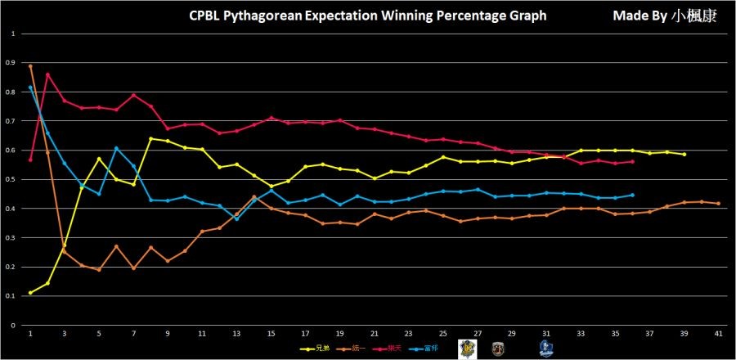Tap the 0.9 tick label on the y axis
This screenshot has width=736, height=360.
(x=11, y=62)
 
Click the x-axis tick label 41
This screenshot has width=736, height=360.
(x=718, y=334)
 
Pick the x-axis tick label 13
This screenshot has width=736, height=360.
(x=236, y=334)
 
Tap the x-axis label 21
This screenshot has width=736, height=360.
(x=374, y=334)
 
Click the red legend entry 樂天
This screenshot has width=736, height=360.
(x=396, y=349)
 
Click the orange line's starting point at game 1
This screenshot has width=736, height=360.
(x=30, y=65)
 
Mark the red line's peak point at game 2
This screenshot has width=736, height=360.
(x=47, y=74)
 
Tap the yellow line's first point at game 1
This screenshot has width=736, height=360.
(x=30, y=293)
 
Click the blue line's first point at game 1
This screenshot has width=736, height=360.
(x=30, y=88)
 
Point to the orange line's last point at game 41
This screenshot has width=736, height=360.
(x=718, y=204)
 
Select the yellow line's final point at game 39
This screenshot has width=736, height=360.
(x=684, y=154)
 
